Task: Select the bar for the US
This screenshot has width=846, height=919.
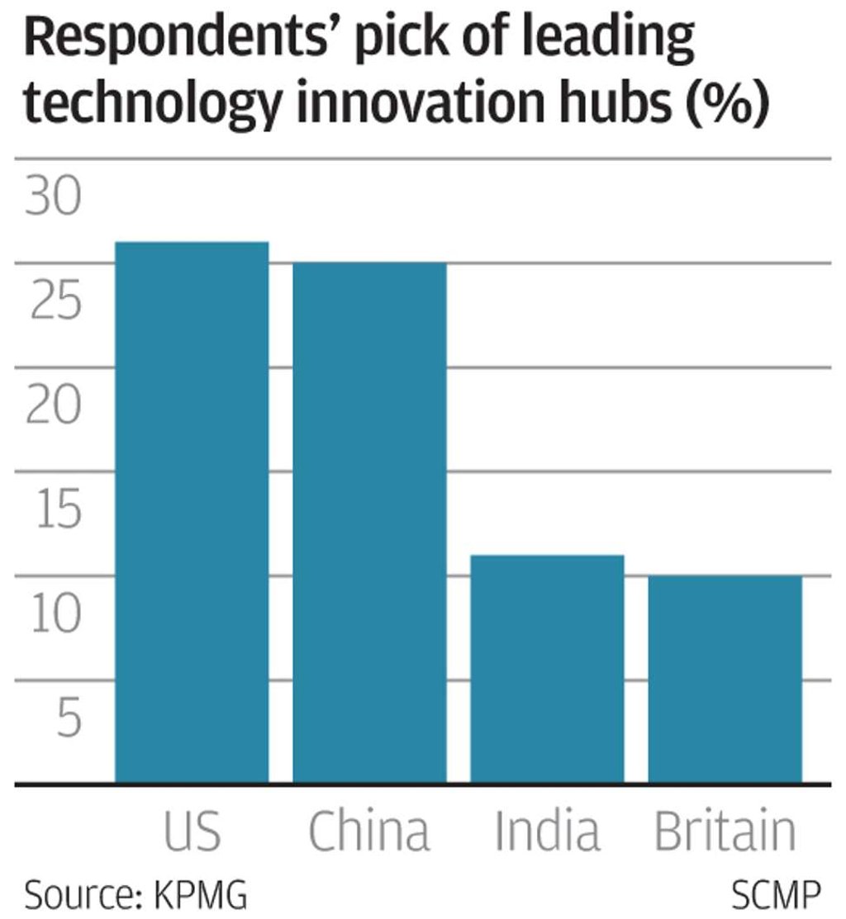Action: (x=192, y=512)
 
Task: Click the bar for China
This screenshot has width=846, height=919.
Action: (x=369, y=522)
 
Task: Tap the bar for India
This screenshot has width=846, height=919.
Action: (x=547, y=669)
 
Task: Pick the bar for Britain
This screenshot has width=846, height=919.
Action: (x=725, y=679)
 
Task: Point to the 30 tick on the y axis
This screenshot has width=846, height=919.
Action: (x=55, y=200)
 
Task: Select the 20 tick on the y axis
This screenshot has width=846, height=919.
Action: (x=55, y=408)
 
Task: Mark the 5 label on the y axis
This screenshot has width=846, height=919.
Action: (x=69, y=720)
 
